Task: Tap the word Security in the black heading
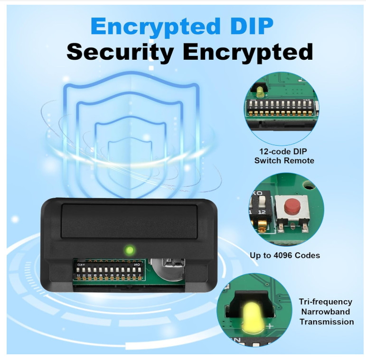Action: [119, 52]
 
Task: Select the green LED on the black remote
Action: [128, 249]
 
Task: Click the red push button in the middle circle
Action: [291, 207]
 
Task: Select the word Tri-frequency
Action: [326, 302]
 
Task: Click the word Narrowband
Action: [326, 312]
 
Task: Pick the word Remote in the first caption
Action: [299, 160]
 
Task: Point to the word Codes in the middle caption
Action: [307, 255]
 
